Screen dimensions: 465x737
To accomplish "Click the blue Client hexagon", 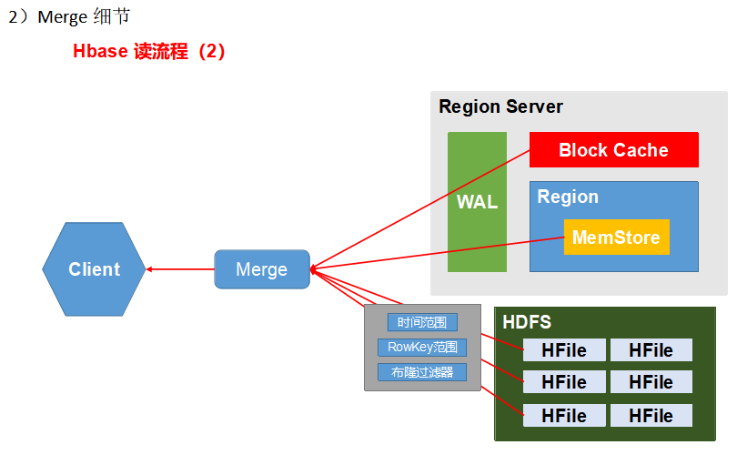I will pyautogui.click(x=94, y=269).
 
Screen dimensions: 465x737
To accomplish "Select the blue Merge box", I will pyautogui.click(x=261, y=269).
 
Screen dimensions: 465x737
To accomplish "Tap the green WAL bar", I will pyautogui.click(x=477, y=202).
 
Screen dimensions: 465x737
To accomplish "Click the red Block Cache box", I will pyautogui.click(x=613, y=150).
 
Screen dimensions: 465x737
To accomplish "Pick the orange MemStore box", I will pyautogui.click(x=616, y=238).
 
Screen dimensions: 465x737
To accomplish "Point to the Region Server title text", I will pyautogui.click(x=500, y=106).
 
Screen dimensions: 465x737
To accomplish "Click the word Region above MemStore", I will pyautogui.click(x=568, y=197).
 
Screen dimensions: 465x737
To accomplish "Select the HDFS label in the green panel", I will pyautogui.click(x=527, y=322).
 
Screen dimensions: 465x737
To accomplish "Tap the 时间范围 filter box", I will pyautogui.click(x=422, y=322).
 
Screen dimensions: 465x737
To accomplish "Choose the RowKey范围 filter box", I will pyautogui.click(x=422, y=347).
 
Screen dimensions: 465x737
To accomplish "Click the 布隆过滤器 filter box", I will pyautogui.click(x=422, y=371).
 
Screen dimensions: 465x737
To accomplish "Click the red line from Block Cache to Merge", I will pyautogui.click(x=419, y=210).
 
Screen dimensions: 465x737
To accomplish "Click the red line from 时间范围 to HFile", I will pyautogui.click(x=502, y=342).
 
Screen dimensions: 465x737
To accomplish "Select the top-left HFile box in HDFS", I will pyautogui.click(x=563, y=350).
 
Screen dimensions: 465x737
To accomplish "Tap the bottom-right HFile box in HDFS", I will pyautogui.click(x=651, y=416).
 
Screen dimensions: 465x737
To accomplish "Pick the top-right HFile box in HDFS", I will pyautogui.click(x=651, y=350).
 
